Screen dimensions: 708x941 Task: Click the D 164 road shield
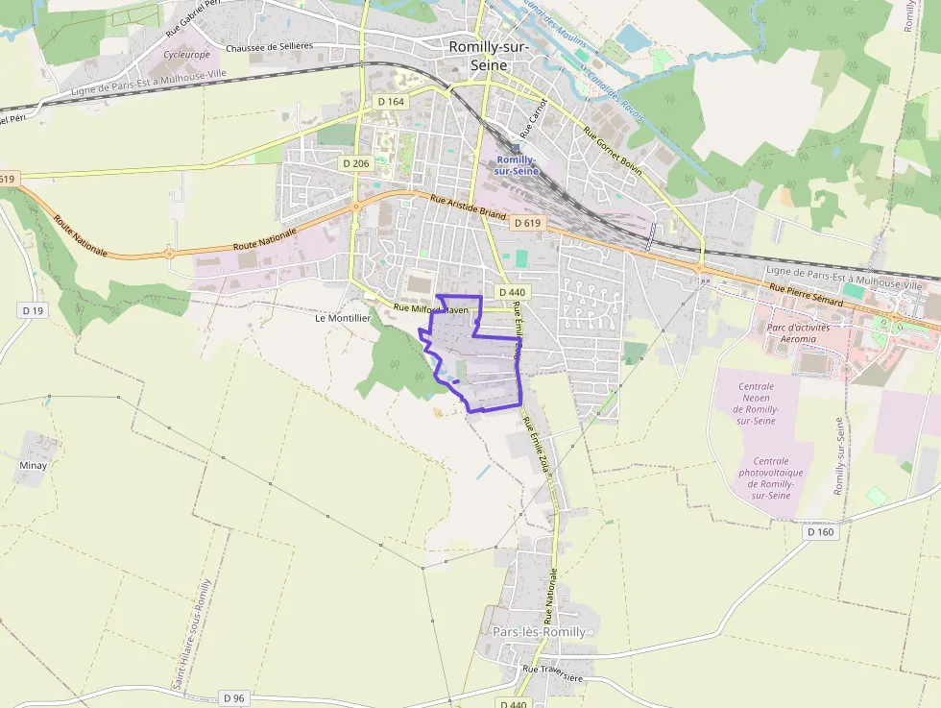click(391, 101)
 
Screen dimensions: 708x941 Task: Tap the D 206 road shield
click(355, 163)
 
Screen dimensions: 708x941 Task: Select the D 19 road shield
click(33, 310)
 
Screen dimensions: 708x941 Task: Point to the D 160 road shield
click(821, 531)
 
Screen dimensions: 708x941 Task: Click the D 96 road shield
click(233, 697)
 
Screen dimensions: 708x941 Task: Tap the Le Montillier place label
click(343, 317)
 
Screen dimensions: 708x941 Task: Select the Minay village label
click(33, 465)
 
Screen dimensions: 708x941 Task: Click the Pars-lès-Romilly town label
click(539, 632)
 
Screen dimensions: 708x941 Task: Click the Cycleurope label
click(186, 55)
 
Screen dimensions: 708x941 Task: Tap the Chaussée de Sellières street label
click(269, 46)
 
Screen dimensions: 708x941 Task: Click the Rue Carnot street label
click(533, 116)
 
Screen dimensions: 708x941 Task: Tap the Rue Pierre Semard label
click(806, 296)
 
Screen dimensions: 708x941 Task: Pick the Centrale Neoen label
click(757, 403)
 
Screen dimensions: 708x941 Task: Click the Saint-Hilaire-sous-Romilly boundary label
click(191, 634)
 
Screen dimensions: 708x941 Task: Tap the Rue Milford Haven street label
click(431, 309)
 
